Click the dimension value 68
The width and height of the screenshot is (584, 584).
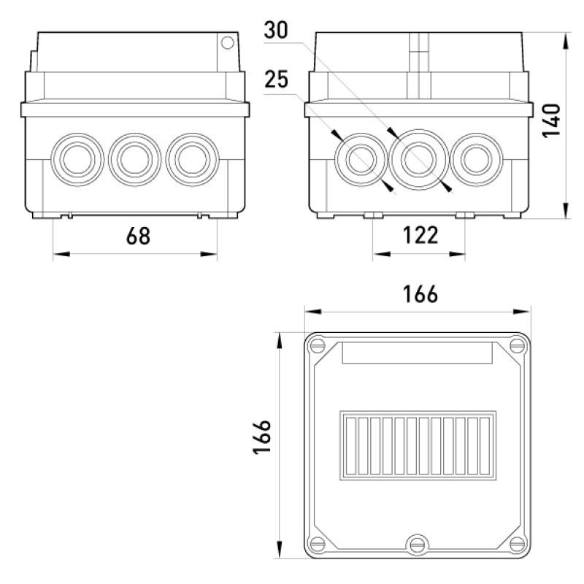point(138,236)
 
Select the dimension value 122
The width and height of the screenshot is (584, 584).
point(420,235)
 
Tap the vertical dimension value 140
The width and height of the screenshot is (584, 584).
point(552,120)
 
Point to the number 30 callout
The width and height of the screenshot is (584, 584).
point(276,30)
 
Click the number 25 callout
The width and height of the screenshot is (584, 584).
point(277,79)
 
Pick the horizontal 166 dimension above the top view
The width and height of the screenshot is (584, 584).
point(420,294)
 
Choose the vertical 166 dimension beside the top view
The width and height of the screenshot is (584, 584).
point(262,437)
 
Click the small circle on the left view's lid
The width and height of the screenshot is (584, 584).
point(228,43)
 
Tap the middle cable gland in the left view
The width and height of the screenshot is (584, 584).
point(134,159)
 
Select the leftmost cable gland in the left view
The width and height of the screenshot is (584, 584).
point(77,159)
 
